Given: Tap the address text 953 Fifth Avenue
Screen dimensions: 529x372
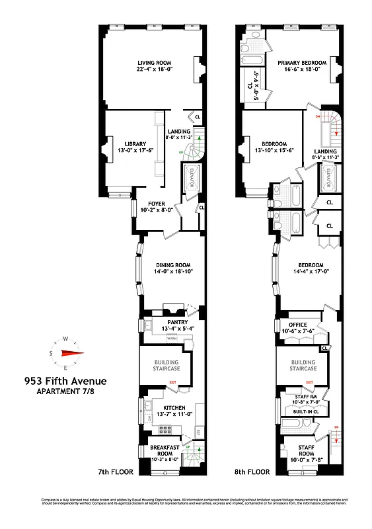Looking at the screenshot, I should [65, 381].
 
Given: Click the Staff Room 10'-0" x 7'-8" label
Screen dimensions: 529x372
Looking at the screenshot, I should [306, 449].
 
